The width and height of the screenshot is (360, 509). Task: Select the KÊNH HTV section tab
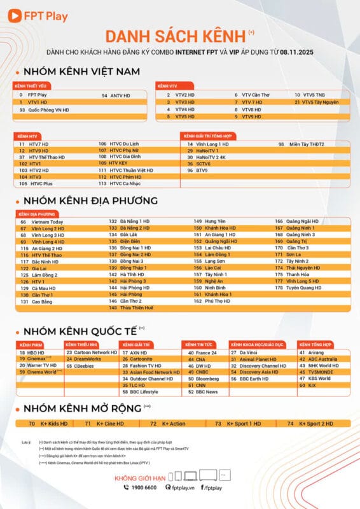[x=27, y=136]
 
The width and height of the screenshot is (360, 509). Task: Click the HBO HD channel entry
[x=36, y=352]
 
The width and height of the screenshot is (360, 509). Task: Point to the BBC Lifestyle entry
[x=144, y=392]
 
